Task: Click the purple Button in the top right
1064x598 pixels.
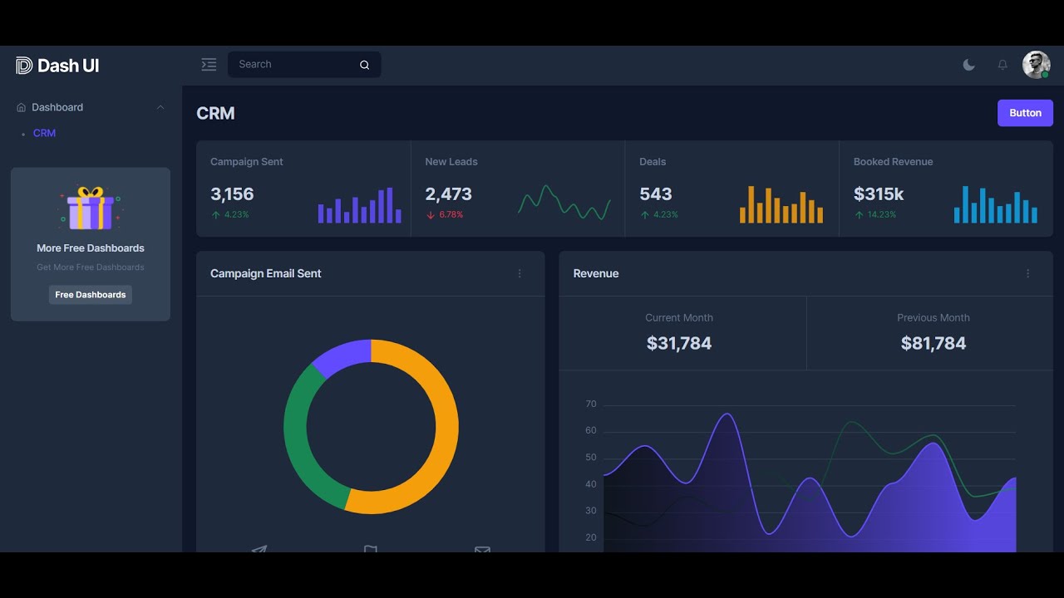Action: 1025,113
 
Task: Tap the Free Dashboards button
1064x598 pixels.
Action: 90,295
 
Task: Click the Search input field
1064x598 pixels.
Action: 295,65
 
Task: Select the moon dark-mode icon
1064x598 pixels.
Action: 968,65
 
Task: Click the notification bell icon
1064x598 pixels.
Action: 1002,65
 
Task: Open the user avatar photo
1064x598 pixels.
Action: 1036,65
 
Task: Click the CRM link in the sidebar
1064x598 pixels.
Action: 44,133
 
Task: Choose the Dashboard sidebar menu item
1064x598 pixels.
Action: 57,107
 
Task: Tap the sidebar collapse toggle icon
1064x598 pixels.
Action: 209,65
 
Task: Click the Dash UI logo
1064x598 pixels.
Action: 57,66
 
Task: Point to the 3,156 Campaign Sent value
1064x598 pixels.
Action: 232,194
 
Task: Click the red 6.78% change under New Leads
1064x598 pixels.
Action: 451,215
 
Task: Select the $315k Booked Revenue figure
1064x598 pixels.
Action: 879,194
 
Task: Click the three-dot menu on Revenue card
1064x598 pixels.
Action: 1027,273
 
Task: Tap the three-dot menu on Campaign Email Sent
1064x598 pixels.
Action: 520,273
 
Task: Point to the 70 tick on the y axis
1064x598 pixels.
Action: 591,404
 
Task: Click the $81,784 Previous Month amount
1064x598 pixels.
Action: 933,343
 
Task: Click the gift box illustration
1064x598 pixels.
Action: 90,208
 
